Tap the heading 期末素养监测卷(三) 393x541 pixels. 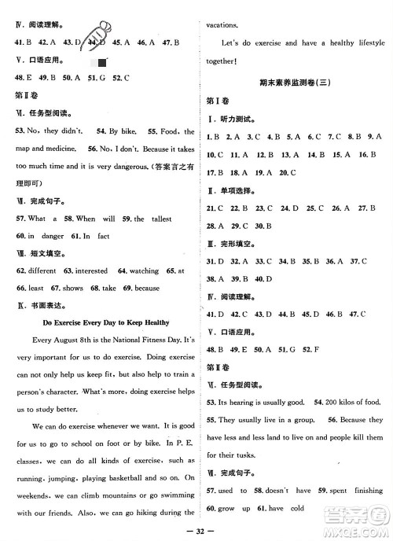pyautogui.click(x=297, y=83)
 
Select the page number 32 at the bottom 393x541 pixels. pyautogui.click(x=197, y=531)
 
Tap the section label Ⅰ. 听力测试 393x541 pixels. pyautogui.click(x=229, y=118)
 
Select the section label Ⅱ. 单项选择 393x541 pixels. pyautogui.click(x=229, y=190)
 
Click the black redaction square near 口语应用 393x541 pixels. pyautogui.click(x=99, y=61)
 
